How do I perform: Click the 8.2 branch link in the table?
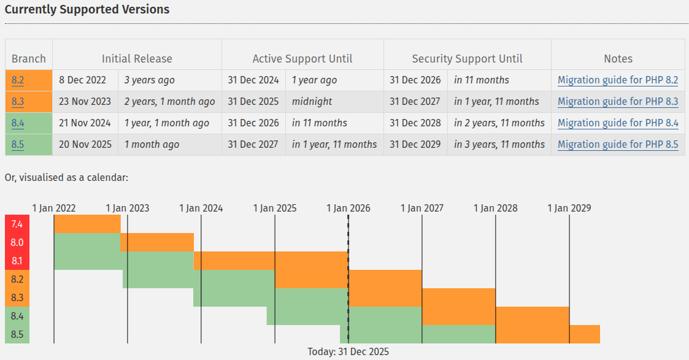click(x=18, y=80)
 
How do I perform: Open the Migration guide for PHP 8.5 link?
click(x=618, y=145)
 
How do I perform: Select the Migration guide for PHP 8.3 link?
click(x=618, y=102)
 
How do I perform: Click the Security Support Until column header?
click(x=467, y=59)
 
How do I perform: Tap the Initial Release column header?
click(x=137, y=59)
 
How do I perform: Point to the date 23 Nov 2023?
click(x=85, y=102)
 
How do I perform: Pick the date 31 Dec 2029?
click(x=415, y=145)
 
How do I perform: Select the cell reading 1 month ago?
click(x=152, y=145)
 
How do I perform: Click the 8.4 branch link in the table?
click(x=18, y=123)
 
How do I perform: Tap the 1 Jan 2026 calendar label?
click(x=348, y=208)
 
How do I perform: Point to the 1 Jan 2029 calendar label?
click(x=569, y=208)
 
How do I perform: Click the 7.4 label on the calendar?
click(x=17, y=224)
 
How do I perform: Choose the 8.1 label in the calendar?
click(x=17, y=261)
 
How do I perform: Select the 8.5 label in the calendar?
click(x=17, y=335)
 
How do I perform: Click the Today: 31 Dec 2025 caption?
click(x=348, y=351)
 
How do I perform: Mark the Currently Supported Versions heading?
click(x=87, y=10)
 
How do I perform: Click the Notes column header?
click(x=618, y=59)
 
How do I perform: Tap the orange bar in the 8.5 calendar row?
click(x=584, y=334)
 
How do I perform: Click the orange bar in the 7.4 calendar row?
click(x=87, y=224)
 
